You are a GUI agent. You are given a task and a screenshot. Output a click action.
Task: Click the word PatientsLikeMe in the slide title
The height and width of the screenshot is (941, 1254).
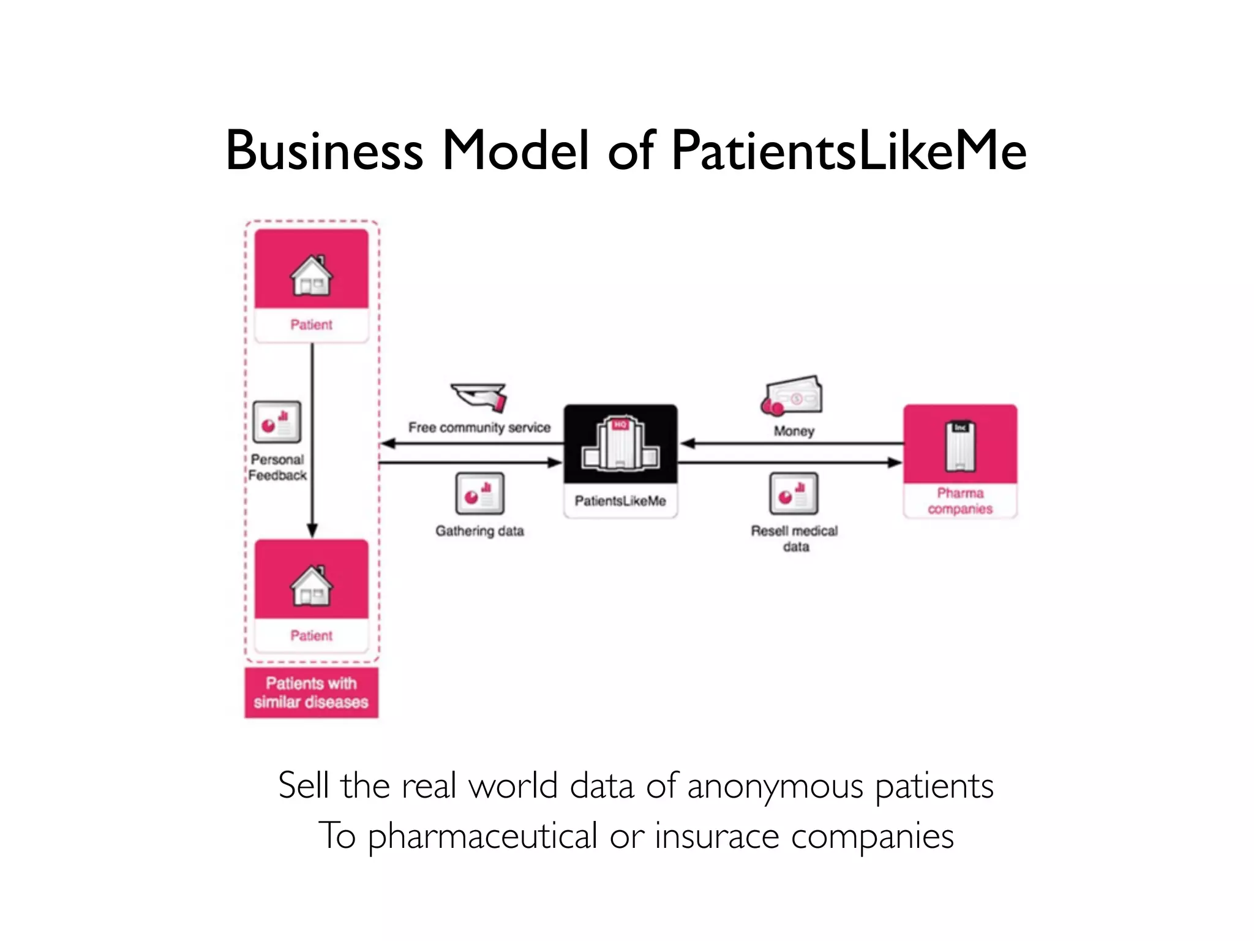coord(849,151)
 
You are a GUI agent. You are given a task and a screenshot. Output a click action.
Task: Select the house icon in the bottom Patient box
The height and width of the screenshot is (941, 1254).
coord(311,586)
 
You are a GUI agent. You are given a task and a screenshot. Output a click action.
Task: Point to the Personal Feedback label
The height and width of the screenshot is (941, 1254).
coord(277,467)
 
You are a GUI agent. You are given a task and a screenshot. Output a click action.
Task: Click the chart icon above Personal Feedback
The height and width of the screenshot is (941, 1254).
coord(277,421)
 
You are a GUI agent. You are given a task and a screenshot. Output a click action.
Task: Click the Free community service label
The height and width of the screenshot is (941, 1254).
coord(479,428)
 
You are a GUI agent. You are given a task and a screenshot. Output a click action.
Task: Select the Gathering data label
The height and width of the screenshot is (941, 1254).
coord(479,531)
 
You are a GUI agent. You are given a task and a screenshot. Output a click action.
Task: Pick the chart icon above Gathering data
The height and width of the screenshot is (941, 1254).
coord(480,493)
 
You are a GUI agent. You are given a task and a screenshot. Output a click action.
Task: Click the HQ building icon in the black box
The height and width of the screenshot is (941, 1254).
coord(620,444)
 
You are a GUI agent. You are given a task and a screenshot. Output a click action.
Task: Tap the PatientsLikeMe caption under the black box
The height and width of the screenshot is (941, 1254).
coord(620,501)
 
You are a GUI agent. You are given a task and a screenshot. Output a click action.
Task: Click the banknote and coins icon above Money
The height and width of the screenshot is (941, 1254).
coord(792,396)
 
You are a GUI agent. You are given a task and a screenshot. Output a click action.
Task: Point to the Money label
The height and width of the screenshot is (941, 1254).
coord(794,431)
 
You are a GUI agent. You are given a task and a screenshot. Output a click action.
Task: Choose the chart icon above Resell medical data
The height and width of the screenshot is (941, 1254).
coord(794,493)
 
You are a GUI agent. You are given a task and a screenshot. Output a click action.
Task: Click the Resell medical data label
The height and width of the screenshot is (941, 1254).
coord(795,538)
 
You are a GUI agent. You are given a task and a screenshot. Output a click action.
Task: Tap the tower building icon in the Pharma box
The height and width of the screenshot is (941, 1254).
coord(960,446)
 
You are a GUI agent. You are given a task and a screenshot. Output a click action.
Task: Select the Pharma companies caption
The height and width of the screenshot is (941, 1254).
coord(960,501)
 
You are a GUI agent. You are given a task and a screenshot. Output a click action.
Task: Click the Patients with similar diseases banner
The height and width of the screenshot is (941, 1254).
coord(311,692)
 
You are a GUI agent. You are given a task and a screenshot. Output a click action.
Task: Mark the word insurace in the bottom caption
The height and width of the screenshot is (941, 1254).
coord(716,836)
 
